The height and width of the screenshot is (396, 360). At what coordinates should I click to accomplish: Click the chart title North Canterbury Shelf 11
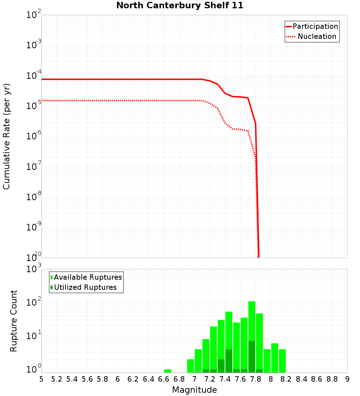[180, 6]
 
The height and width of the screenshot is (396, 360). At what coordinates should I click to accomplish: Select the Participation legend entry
[315, 27]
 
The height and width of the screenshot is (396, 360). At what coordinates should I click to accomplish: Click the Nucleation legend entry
[317, 37]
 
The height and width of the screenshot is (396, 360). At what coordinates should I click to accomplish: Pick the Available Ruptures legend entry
[88, 278]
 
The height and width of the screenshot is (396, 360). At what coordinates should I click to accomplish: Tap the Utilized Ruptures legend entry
[85, 288]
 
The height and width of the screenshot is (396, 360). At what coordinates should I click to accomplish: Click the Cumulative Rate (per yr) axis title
[6, 136]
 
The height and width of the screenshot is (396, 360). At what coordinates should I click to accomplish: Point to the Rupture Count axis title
[14, 321]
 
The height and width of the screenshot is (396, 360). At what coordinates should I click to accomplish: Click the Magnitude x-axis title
[194, 390]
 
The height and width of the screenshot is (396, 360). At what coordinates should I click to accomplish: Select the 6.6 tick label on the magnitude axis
[163, 379]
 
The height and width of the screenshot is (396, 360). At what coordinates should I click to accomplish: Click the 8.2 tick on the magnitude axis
[286, 379]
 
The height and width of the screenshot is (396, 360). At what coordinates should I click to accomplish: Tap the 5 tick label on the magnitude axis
[41, 379]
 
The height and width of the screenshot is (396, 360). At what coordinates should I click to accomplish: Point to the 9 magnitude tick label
[347, 379]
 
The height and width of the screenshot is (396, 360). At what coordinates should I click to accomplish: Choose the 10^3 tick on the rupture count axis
[33, 269]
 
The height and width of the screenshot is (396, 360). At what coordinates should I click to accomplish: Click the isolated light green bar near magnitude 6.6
[167, 371]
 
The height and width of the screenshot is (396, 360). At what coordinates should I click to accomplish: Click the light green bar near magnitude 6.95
[190, 366]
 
